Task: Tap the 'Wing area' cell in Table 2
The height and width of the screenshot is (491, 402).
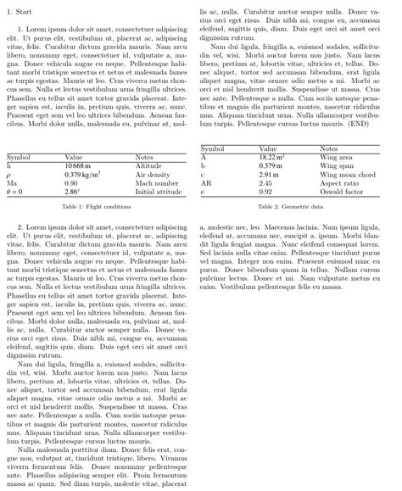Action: [336, 157]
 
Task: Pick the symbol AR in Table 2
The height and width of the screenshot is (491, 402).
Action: [205, 183]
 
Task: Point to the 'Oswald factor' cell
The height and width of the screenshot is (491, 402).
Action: [340, 192]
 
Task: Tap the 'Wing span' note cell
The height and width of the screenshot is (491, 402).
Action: [336, 165]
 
